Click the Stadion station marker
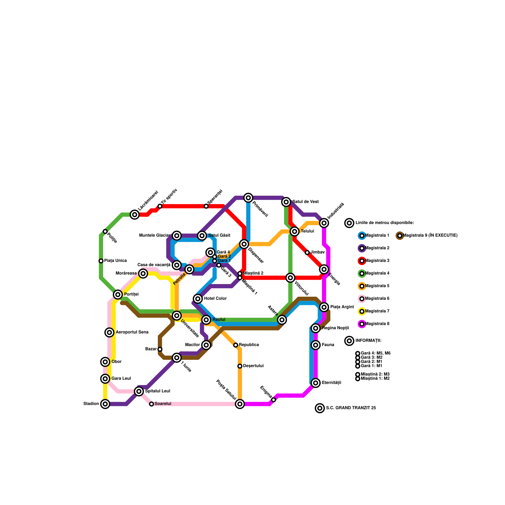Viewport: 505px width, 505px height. pyautogui.click(x=105, y=404)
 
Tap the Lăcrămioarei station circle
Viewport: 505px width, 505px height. pyautogui.click(x=135, y=215)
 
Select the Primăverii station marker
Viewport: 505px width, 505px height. pyautogui.click(x=248, y=198)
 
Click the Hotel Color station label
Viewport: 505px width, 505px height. pyautogui.click(x=215, y=299)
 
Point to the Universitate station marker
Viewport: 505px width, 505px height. pyautogui.click(x=177, y=315)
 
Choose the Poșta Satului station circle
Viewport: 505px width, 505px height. pyautogui.click(x=240, y=404)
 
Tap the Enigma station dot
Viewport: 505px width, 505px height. pyautogui.click(x=274, y=400)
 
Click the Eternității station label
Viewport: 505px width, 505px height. pyautogui.click(x=331, y=383)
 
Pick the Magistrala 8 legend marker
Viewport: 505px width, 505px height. pyautogui.click(x=362, y=324)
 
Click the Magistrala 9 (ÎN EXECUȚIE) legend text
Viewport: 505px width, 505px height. pyautogui.click(x=430, y=235)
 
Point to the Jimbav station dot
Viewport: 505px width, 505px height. pyautogui.click(x=307, y=252)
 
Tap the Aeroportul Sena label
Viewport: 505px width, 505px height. pyautogui.click(x=132, y=332)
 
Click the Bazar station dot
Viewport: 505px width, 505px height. pyautogui.click(x=160, y=349)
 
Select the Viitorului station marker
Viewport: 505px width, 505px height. pyautogui.click(x=290, y=278)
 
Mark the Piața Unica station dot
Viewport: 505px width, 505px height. pyautogui.click(x=101, y=261)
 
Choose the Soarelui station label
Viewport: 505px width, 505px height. pyautogui.click(x=163, y=404)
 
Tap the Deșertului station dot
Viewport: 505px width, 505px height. pyautogui.click(x=240, y=366)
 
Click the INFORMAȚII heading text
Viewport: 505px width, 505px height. pyautogui.click(x=368, y=341)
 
